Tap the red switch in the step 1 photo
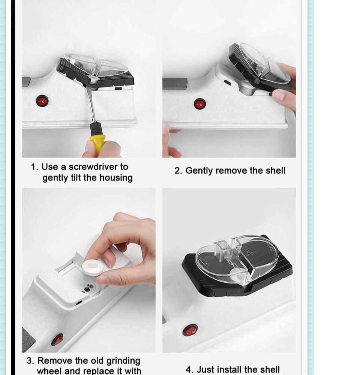pyautogui.click(x=42, y=100)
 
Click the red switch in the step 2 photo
pyautogui.click(x=200, y=104)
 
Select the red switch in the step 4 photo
pyautogui.click(x=190, y=330)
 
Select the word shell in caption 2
pyautogui.click(x=275, y=171)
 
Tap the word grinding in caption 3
pyautogui.click(x=123, y=361)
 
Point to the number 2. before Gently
pyautogui.click(x=178, y=171)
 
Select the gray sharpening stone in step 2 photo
pyautogui.click(x=175, y=84)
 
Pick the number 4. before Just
pyautogui.click(x=189, y=370)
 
